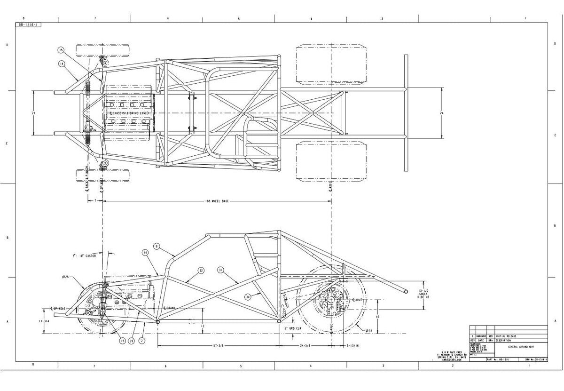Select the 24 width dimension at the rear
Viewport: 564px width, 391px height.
tap(441, 113)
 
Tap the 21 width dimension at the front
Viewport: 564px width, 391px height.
tap(33, 113)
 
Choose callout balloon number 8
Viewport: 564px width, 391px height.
tap(157, 246)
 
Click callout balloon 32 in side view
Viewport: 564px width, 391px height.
tap(201, 271)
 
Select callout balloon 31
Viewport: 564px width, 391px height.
tap(220, 270)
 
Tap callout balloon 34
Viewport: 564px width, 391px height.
tap(247, 296)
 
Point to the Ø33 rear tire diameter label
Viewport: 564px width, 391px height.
tap(369, 330)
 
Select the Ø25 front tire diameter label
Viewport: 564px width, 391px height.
tap(65, 277)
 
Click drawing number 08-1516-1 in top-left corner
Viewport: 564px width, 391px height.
tap(28, 24)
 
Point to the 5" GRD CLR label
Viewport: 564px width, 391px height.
tap(292, 327)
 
